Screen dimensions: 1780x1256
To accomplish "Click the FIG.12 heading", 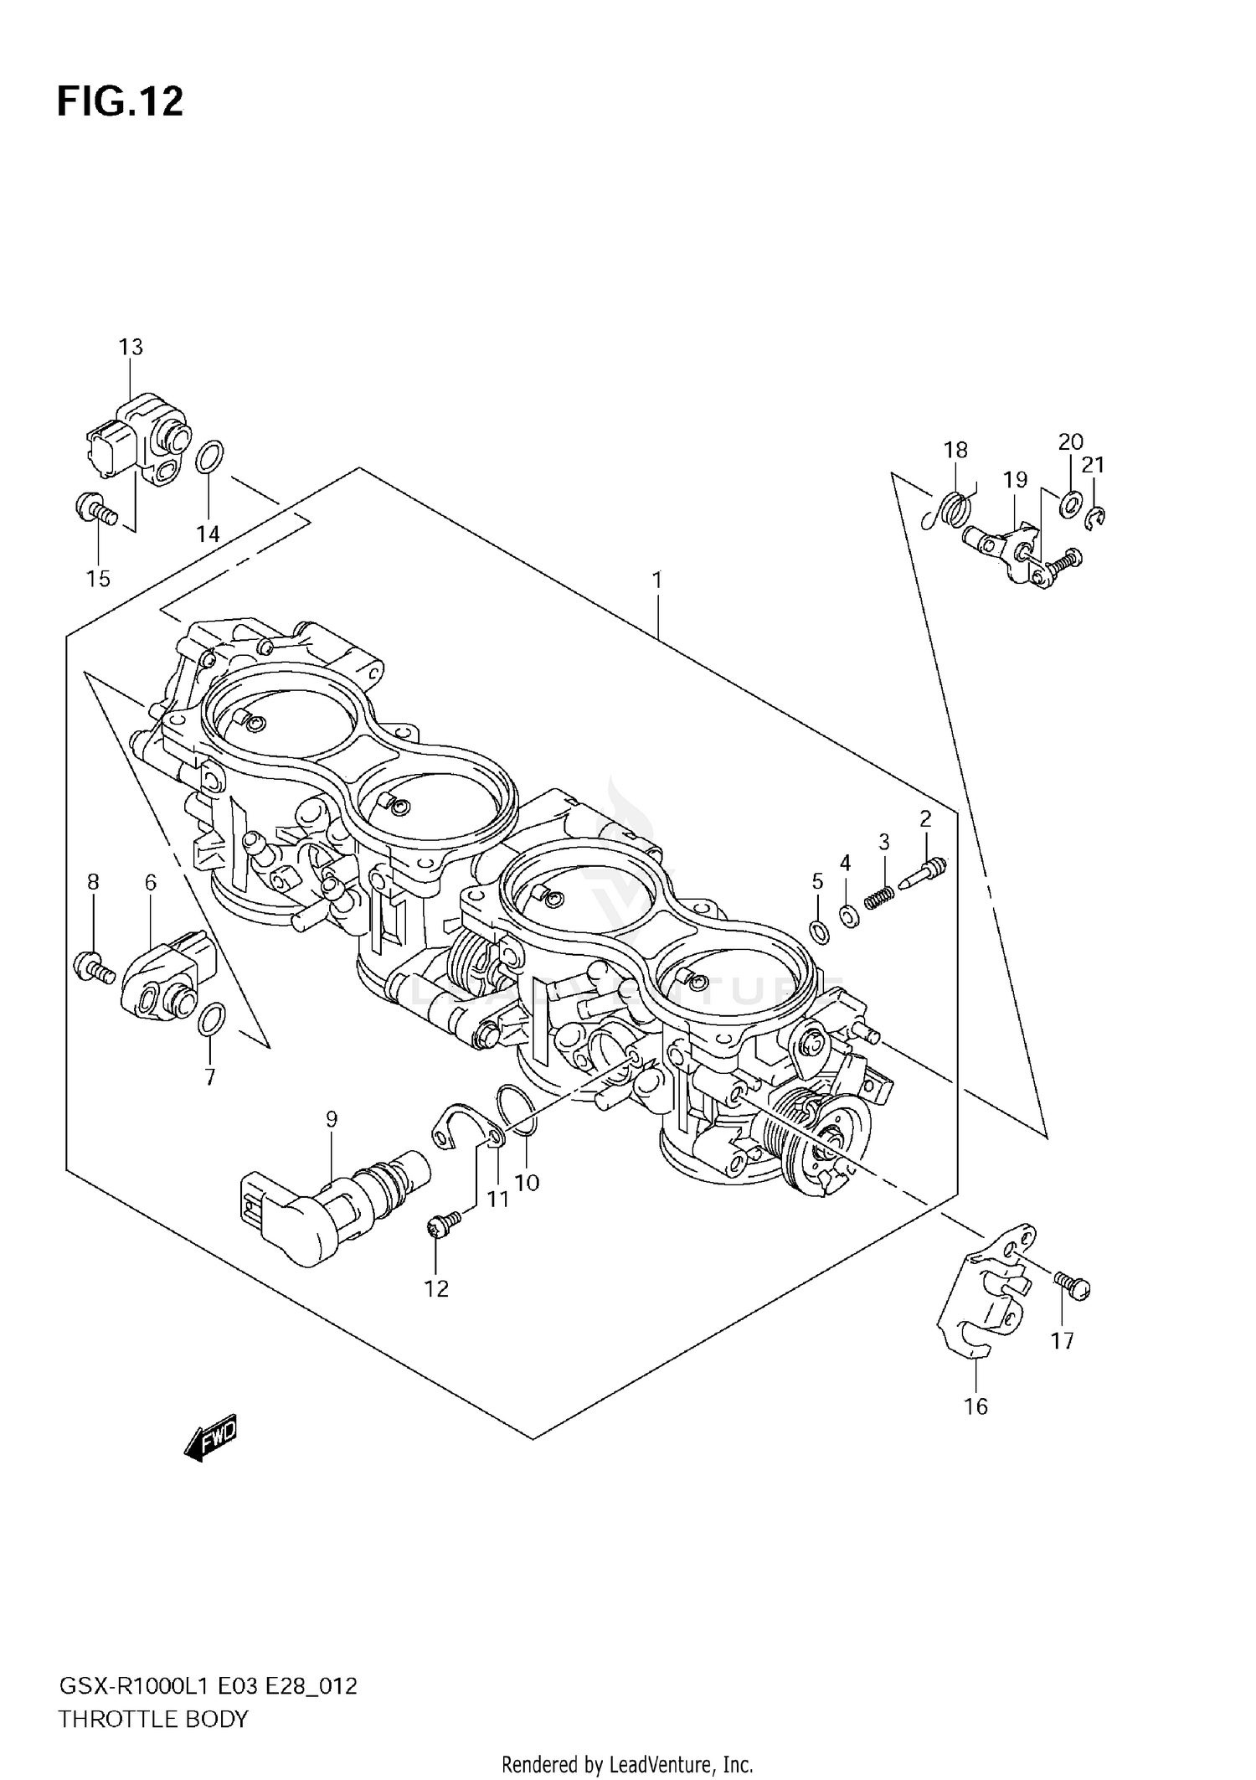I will [x=120, y=101].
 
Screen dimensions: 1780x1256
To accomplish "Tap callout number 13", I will [x=131, y=347].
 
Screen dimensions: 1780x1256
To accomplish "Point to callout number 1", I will [x=658, y=580].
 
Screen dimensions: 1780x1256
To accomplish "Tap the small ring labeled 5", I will [x=819, y=930].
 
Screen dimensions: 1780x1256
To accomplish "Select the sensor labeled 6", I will [x=166, y=978].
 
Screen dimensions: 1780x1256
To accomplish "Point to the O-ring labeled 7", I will [x=210, y=1019].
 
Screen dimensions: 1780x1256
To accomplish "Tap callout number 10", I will [x=527, y=1183].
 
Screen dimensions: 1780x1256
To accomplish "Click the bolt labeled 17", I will [x=1071, y=1286].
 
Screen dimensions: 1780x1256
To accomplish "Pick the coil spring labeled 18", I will [x=952, y=508].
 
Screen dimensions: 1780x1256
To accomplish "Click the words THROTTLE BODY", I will [x=153, y=1720].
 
